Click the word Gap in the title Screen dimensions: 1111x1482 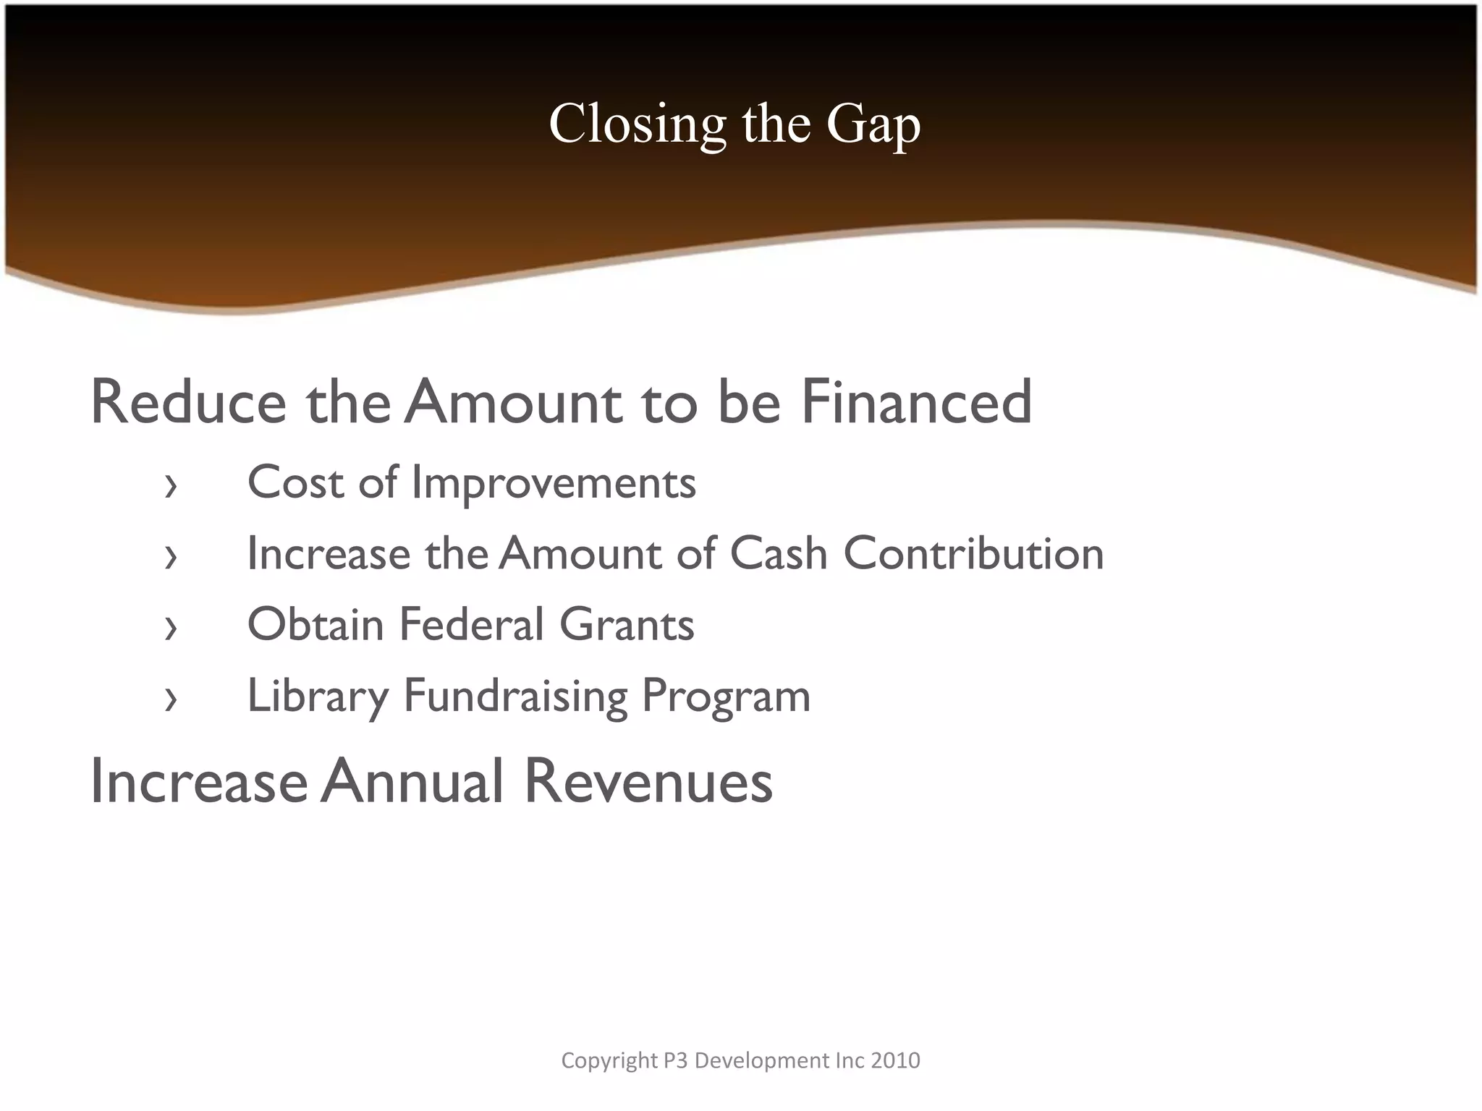[x=873, y=124]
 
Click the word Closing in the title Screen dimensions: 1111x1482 [x=637, y=124]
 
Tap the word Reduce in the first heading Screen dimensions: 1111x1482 [x=188, y=402]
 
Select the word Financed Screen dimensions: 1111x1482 [x=916, y=402]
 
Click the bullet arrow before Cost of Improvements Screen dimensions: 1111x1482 [x=171, y=487]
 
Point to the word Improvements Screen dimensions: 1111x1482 [x=554, y=482]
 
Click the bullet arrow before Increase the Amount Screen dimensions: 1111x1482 [x=171, y=558]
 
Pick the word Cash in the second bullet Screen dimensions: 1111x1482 [x=779, y=554]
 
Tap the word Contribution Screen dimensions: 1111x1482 [x=974, y=554]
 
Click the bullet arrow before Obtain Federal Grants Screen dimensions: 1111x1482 [x=171, y=629]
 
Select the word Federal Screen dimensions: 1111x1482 [x=471, y=624]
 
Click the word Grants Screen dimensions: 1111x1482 [x=627, y=624]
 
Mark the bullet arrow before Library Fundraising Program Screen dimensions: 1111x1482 [x=171, y=699]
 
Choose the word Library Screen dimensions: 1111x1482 [x=318, y=697]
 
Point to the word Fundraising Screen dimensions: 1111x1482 [x=515, y=697]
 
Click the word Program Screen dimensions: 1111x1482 [x=726, y=697]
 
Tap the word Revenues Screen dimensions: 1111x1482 [x=648, y=782]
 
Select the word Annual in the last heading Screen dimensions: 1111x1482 [x=412, y=782]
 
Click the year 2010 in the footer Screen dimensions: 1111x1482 [x=896, y=1060]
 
